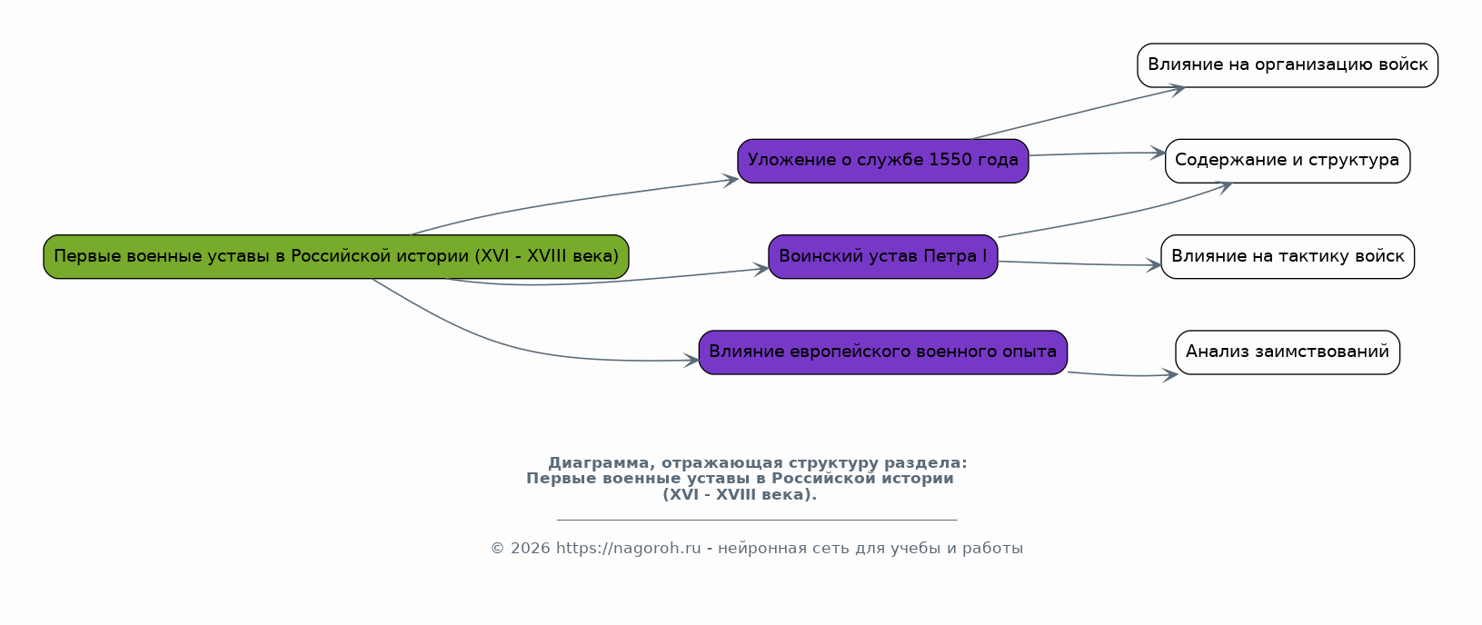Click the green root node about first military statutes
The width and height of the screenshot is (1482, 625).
[336, 256]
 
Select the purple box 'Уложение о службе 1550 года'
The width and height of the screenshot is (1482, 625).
[883, 161]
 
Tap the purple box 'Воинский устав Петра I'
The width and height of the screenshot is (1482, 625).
[883, 256]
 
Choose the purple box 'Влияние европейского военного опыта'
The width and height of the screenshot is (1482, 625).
[883, 352]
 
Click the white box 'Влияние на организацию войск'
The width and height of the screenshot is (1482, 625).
[1288, 65]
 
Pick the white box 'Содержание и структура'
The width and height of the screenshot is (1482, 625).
[1288, 161]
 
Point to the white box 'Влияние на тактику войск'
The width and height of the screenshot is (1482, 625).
[1288, 256]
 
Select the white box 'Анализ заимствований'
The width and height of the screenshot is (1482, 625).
[1288, 352]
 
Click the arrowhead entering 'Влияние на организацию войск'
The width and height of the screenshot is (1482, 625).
[1178, 89]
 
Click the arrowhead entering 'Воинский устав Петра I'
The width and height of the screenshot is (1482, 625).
[761, 269]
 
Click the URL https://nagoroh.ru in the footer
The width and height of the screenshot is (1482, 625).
[628, 549]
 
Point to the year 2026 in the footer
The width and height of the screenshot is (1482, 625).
[530, 549]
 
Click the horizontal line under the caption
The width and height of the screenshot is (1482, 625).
[757, 520]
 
